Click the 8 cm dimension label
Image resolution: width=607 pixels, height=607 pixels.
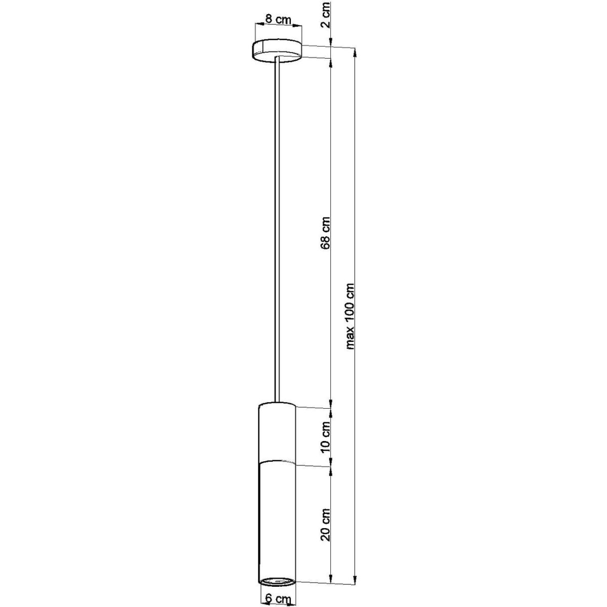coord(277,20)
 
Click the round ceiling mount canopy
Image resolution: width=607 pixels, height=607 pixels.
coord(277,52)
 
